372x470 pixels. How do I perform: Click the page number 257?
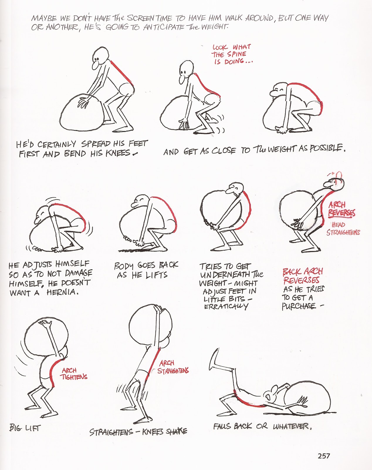click(324, 456)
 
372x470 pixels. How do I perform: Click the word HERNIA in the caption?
click(62, 292)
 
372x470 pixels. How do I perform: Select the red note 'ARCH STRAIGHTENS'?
click(173, 367)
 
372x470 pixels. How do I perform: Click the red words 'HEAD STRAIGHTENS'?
click(343, 229)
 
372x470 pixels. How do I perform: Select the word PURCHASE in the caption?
click(299, 306)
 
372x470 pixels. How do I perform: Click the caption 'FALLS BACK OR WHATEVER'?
click(262, 426)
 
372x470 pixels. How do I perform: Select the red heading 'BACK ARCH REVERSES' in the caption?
click(302, 275)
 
